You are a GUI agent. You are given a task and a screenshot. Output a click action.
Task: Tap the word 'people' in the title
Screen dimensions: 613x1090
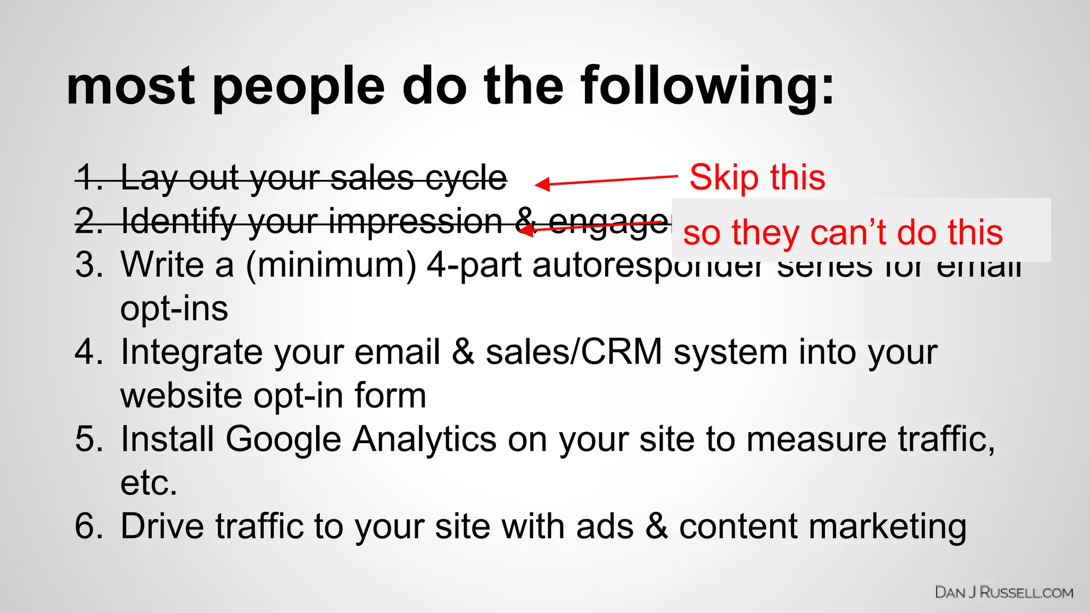coord(299,86)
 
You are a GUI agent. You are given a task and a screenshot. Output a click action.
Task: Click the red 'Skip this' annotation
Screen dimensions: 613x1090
coord(757,177)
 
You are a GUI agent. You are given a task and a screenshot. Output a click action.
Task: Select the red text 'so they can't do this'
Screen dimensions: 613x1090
coord(843,233)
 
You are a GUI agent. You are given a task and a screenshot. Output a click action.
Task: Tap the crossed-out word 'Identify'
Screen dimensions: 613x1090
coord(178,221)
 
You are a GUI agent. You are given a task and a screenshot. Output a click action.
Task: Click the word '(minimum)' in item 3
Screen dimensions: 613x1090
coord(331,264)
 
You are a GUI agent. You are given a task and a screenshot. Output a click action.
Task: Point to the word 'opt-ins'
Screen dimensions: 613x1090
coord(174,309)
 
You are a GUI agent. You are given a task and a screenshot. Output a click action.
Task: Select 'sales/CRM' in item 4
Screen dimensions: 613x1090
coord(574,352)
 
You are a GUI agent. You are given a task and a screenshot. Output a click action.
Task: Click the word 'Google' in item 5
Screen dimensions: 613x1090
coord(283,439)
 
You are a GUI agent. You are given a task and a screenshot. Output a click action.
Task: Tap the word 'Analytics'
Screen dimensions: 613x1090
coord(425,439)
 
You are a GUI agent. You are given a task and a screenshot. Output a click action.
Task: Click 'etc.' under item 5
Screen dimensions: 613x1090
coord(148,483)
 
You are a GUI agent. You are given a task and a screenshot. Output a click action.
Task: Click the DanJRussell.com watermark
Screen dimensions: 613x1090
coord(1004,592)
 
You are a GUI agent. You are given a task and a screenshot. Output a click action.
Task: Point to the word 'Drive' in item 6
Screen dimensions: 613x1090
coord(162,526)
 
